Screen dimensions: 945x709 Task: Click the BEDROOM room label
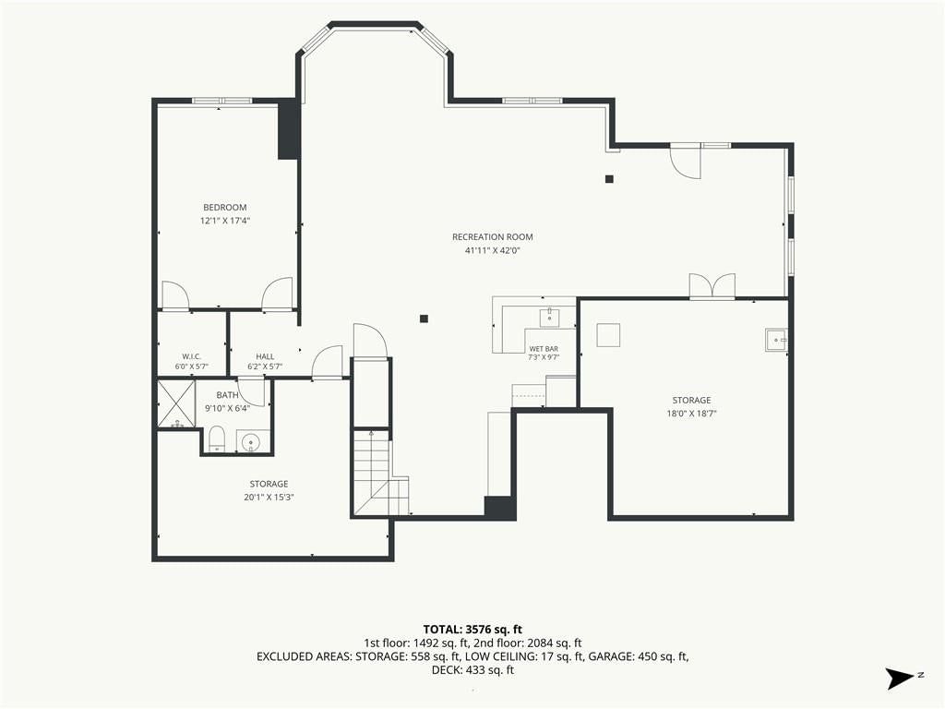225,208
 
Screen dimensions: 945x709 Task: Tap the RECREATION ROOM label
493,237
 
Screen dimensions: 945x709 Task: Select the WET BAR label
544,349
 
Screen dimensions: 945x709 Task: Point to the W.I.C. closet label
192,357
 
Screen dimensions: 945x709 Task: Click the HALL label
265,357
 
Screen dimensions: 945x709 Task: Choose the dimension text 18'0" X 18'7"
691,414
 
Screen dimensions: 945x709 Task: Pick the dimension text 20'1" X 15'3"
269,498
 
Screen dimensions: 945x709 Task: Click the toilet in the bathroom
216,439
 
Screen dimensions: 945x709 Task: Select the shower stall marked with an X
176,403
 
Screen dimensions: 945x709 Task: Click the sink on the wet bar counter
550,318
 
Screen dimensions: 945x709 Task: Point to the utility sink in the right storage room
776,340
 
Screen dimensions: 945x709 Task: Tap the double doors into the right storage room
712,286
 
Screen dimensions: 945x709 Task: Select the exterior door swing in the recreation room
686,162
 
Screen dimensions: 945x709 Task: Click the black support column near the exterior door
609,179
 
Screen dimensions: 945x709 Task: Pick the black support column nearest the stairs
425,318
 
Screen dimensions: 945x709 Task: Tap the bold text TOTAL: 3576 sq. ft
472,630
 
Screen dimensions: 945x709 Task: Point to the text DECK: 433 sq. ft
472,670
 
